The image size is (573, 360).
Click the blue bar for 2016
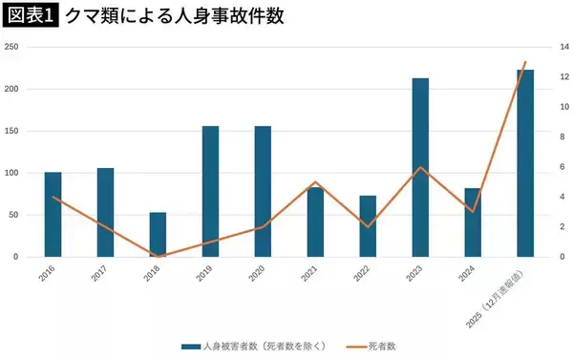tap(53, 215)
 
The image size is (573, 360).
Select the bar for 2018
tap(159, 235)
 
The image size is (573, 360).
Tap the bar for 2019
tap(211, 192)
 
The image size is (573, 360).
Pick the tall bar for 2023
tap(420, 168)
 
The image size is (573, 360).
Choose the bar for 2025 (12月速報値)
tap(525, 163)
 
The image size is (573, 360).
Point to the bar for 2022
tap(368, 226)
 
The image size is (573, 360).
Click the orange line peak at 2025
tap(525, 63)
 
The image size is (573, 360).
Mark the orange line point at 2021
tap(315, 181)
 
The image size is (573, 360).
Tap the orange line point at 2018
tap(159, 256)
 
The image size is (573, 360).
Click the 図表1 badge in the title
tap(30, 17)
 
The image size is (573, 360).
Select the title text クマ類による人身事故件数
tap(161, 17)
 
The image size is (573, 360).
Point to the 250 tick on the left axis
tap(12, 47)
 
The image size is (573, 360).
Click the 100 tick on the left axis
tap(12, 173)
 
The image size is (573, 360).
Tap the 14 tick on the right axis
tap(564, 47)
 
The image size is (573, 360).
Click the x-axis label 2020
tap(255, 274)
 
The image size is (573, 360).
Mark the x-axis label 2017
tap(96, 274)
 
